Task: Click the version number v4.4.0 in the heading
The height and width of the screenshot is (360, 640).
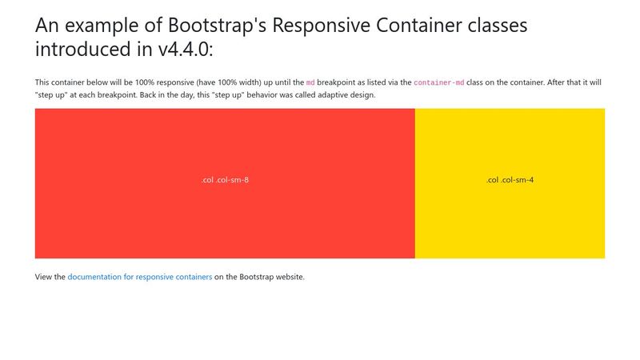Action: [186, 49]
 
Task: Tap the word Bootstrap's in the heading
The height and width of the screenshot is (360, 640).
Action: [217, 26]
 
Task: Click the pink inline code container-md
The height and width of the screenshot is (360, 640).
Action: [438, 82]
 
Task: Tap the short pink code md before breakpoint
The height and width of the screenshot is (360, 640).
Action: [310, 82]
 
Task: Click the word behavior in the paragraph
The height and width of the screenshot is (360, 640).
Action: [250, 95]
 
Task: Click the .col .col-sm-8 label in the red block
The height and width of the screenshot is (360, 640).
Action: [225, 180]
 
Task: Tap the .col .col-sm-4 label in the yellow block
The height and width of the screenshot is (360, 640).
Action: [510, 180]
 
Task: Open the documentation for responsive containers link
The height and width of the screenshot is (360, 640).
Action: [140, 277]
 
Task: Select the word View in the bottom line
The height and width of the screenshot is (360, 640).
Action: [43, 277]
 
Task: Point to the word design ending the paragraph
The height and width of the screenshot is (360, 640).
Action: [362, 95]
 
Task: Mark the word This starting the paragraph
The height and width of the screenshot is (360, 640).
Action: [42, 82]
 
